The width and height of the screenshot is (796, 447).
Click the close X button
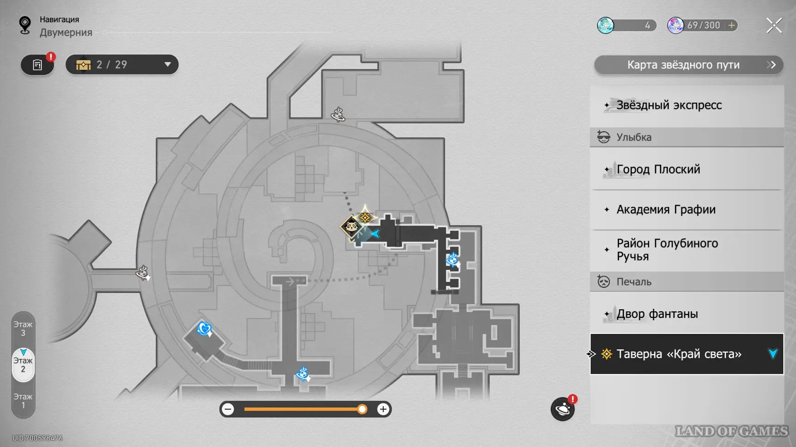pos(774,25)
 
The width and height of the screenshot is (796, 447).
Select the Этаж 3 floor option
pos(23,329)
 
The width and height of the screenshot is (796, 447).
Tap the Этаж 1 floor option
pos(23,401)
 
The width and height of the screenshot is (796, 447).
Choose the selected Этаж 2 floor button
pos(23,365)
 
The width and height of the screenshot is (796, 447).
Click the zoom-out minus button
pos(228,409)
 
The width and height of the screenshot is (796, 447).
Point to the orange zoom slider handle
pos(362,409)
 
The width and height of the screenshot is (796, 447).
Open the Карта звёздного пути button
pos(688,65)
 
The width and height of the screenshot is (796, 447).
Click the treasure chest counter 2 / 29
pos(122,65)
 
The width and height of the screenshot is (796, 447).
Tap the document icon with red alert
pos(37,65)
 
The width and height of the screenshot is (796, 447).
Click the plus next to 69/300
pos(731,25)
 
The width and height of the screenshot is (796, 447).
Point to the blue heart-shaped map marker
pos(204,329)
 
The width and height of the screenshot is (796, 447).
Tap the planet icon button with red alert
pos(563,409)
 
